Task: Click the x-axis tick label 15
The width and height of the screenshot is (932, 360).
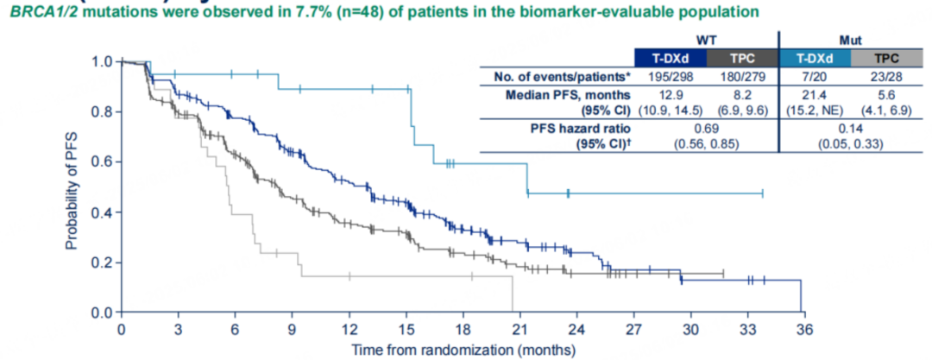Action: [406, 331]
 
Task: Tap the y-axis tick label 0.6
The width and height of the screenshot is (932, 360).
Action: [103, 161]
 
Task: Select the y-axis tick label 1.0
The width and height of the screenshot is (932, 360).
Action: [103, 62]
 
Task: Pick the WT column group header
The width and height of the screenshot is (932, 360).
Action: [706, 41]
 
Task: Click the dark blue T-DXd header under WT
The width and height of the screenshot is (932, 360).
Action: [670, 59]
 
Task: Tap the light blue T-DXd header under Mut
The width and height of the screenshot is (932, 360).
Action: [815, 59]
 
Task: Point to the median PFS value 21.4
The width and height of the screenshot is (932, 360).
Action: [815, 93]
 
